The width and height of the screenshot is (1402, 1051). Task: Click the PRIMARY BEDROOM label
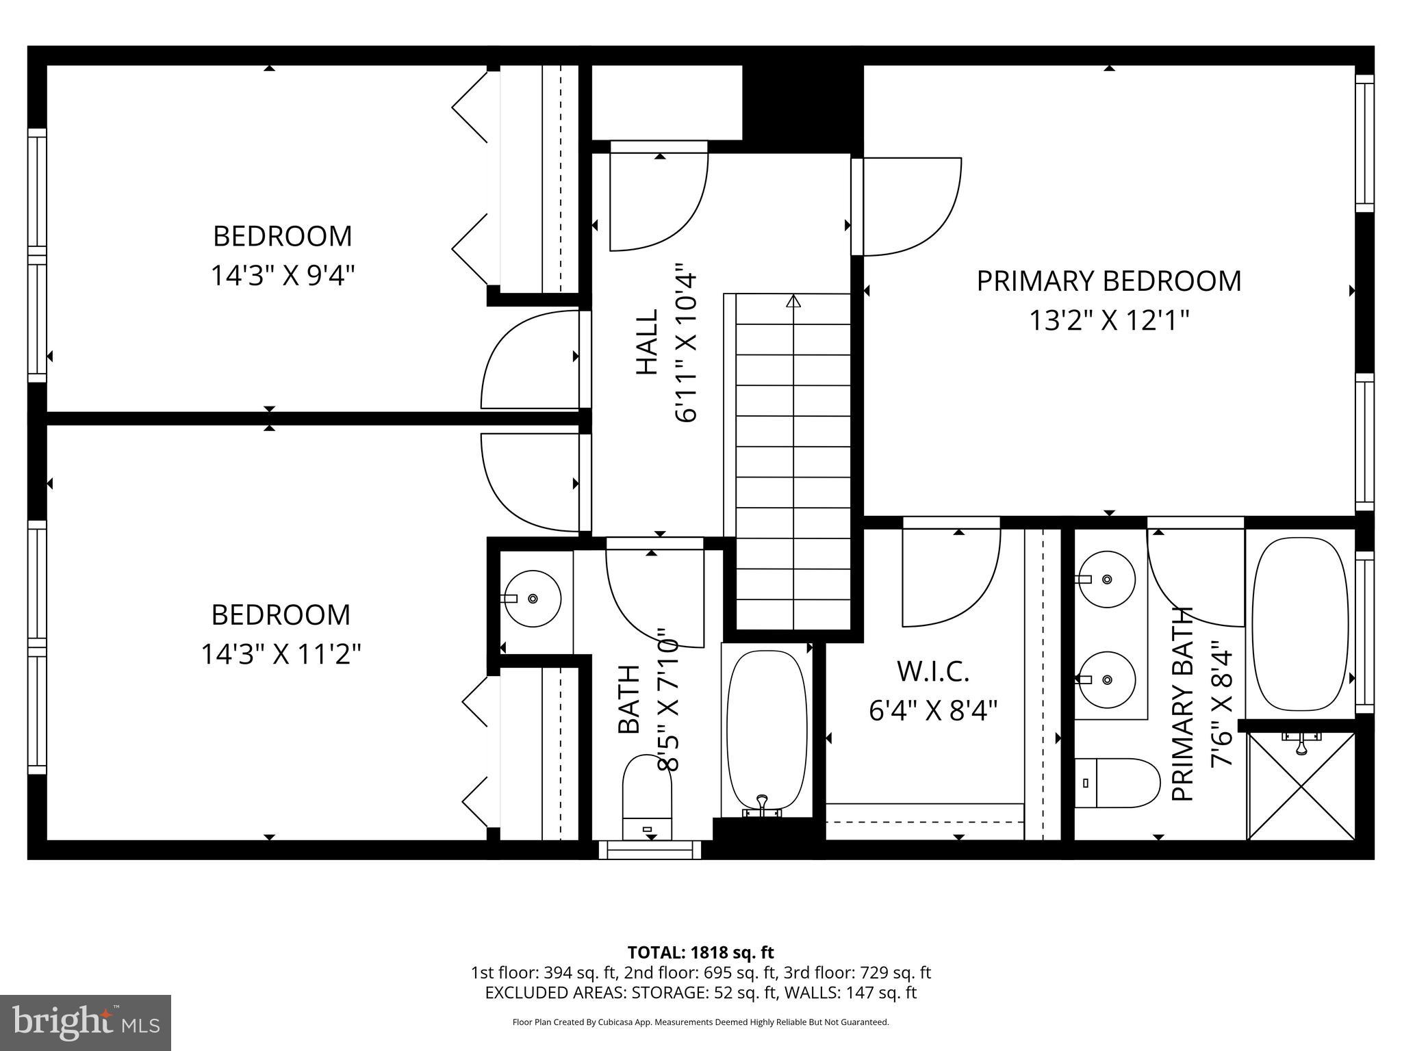(x=1108, y=281)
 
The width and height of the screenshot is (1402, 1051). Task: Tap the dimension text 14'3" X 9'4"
(x=283, y=276)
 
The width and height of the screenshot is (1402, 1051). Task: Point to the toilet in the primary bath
(x=1117, y=782)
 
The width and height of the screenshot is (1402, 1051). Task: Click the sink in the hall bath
(x=533, y=599)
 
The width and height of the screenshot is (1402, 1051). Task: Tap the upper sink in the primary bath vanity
(x=1107, y=579)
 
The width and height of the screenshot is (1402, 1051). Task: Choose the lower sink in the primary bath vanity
(x=1107, y=679)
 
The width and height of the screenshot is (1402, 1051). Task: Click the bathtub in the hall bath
(x=767, y=730)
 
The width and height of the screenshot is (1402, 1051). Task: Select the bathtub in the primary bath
(x=1300, y=624)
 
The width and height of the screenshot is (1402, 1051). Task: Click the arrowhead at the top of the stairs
(x=793, y=301)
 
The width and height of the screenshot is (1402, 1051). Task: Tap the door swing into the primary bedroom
(x=907, y=207)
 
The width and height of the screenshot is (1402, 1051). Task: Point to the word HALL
(x=647, y=342)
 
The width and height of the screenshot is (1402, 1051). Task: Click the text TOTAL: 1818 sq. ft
(x=700, y=952)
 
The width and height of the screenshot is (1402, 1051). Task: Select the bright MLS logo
(x=86, y=1022)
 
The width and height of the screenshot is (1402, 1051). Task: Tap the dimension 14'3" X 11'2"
(x=281, y=654)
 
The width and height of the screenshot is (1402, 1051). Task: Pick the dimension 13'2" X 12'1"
(x=1108, y=320)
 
